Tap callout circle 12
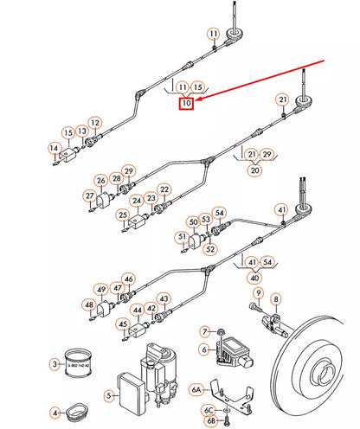tap(94, 123)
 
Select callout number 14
tap(54, 147)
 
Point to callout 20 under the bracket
tap(254, 171)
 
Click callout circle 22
tap(164, 189)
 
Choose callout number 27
tap(89, 196)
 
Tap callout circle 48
tap(89, 304)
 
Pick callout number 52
tap(210, 249)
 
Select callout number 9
tap(257, 293)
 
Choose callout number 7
tap(205, 331)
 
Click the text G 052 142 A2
tap(80, 367)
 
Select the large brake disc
tap(320, 372)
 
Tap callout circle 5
tap(110, 395)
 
